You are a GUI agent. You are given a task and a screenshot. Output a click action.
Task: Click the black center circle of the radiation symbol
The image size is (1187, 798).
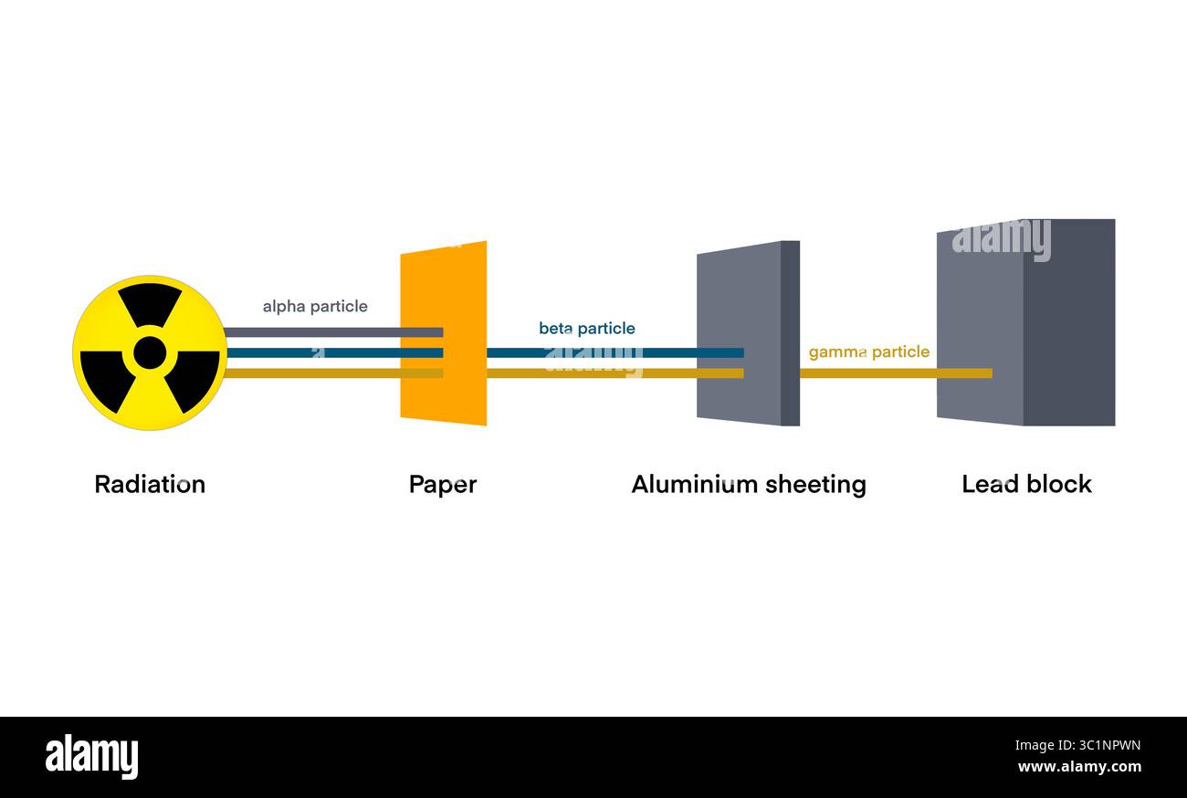click(x=150, y=352)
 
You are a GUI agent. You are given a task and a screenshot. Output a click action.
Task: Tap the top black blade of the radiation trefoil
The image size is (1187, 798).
click(x=150, y=304)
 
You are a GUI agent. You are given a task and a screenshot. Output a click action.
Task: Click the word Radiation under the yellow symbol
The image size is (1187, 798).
click(x=150, y=484)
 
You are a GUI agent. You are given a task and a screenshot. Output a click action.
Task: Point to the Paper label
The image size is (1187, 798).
click(x=442, y=485)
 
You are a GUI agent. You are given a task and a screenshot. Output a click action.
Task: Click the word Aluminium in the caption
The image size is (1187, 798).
click(x=686, y=484)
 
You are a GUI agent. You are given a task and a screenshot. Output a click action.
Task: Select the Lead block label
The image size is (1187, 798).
click(x=1026, y=484)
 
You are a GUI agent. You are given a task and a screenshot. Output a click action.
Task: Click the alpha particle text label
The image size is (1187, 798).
click(x=315, y=307)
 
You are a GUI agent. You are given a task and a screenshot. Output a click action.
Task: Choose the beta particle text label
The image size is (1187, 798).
click(x=586, y=329)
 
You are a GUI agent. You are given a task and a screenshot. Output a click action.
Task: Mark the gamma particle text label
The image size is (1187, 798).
click(x=868, y=352)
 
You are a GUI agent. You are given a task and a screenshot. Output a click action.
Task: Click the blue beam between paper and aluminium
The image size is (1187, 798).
click(x=593, y=352)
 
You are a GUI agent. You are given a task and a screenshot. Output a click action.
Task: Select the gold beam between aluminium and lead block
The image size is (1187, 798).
click(x=867, y=373)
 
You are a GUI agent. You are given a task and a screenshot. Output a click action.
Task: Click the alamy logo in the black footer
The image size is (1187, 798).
click(x=91, y=758)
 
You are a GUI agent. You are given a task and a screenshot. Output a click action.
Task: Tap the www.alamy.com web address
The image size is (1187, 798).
click(x=1078, y=768)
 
